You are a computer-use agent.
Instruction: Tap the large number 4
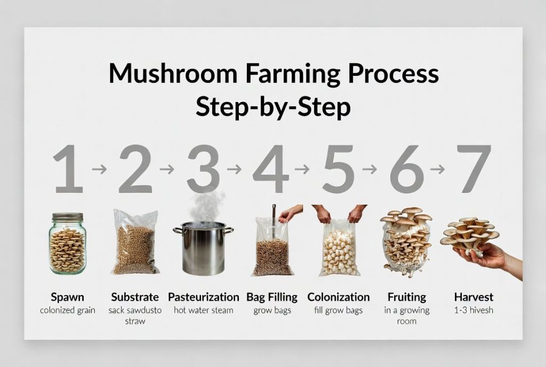(271, 169)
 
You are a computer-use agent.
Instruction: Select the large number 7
(473, 169)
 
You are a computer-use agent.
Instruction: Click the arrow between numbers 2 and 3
(167, 169)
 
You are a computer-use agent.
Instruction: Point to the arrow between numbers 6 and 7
(437, 169)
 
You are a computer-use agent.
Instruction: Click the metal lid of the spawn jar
(68, 217)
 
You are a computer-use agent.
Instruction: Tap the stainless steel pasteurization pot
(203, 248)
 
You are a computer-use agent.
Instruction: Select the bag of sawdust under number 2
(135, 242)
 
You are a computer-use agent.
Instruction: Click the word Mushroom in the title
(173, 73)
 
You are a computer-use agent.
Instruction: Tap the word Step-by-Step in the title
(273, 107)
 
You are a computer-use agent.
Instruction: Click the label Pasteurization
(203, 297)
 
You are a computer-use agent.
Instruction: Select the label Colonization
(339, 297)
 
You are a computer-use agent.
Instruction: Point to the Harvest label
(473, 297)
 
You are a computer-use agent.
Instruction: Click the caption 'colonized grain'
(68, 310)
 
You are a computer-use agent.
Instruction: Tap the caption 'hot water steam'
(203, 310)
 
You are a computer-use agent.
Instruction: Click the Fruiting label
(407, 297)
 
